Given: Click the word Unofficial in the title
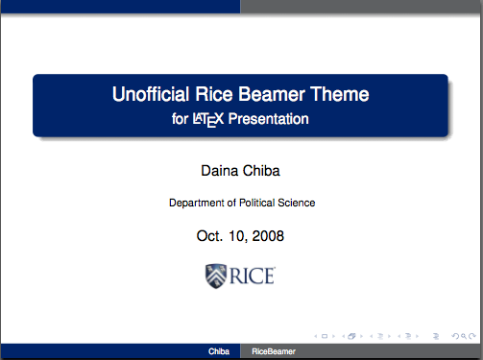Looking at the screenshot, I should (x=150, y=95).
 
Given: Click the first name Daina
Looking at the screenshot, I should (x=219, y=171).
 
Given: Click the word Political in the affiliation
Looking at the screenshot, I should (x=257, y=204).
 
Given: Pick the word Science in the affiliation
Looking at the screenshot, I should (x=297, y=204).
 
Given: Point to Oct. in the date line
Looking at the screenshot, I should (x=211, y=235).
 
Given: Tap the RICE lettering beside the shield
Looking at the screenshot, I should (x=254, y=276).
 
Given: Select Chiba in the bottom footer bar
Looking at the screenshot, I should (x=219, y=353).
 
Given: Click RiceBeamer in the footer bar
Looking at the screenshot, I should (x=274, y=353).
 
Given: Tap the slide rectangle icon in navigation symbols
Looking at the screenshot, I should (x=325, y=337).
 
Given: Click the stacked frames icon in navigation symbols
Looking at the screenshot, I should (x=351, y=337).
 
